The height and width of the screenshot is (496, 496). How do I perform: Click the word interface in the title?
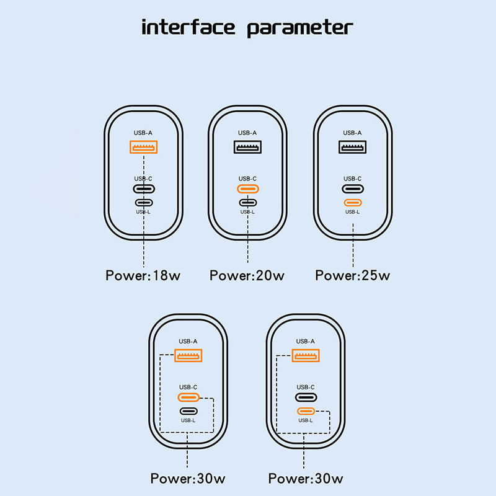tap(188, 27)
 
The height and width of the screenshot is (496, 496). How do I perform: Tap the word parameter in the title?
tap(300, 28)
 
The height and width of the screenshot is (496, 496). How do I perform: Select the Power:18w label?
tap(143, 275)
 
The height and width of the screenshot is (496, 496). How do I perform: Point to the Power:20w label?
tap(247, 275)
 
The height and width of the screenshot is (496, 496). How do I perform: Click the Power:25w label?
tap(353, 275)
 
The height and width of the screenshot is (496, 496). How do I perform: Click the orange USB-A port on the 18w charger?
tap(144, 147)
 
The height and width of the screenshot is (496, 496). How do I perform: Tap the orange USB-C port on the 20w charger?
tap(248, 189)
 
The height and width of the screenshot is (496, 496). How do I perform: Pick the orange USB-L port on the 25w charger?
tap(353, 203)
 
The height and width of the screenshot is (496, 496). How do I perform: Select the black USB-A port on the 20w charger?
tap(247, 147)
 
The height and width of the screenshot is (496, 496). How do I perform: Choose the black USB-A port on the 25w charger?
tap(353, 147)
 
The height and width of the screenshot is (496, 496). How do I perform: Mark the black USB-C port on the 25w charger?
tap(353, 189)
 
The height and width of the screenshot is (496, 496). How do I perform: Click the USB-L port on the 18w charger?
tap(144, 203)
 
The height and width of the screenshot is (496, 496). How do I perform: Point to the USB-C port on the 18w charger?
tap(144, 189)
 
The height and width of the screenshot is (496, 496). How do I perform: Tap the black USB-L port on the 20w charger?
tap(248, 203)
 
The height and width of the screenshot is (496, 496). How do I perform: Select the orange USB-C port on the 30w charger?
tap(188, 397)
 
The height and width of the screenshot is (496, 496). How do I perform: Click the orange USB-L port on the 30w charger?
tap(306, 411)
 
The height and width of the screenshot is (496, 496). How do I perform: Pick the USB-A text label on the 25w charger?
tap(352, 133)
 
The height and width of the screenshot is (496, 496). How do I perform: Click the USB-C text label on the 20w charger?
tap(247, 179)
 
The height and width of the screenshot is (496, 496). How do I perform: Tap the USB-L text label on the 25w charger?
tap(352, 212)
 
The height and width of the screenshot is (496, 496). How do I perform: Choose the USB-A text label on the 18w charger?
tap(143, 133)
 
